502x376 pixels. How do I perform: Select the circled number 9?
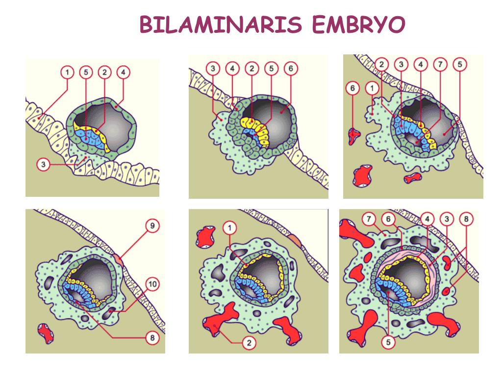coord(153,226)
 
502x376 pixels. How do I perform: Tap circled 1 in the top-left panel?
coord(67,72)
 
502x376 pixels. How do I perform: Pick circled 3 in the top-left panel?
coord(44,165)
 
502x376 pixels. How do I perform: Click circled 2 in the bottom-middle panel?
coord(249,343)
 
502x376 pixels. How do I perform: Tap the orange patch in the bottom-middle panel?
coord(294,239)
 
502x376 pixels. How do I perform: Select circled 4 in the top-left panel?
coord(123,72)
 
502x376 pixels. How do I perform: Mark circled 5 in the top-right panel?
coord(459,65)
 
